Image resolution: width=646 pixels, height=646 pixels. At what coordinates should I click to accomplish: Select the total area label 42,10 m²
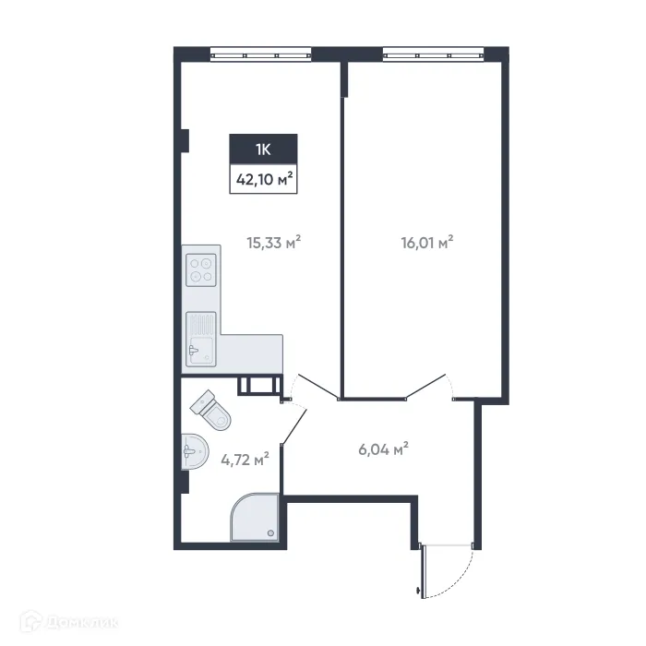coord(263,179)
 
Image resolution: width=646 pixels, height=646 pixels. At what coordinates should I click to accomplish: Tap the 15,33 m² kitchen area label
coord(274,244)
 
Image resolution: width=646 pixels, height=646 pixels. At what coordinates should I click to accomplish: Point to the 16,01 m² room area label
coord(425,244)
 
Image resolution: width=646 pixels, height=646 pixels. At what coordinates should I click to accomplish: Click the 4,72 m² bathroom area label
coord(245,457)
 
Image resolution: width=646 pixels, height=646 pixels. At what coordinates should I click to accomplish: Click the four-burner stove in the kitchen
coord(201,269)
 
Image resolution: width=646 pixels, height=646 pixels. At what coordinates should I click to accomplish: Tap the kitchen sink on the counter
coord(200,338)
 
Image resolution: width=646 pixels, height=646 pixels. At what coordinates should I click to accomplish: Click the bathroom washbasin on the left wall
coord(192,453)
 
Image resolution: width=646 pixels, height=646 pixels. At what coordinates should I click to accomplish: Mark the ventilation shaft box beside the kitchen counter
coord(257,386)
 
